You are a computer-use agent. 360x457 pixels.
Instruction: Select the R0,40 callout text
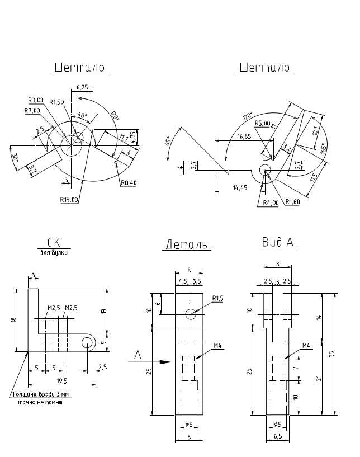pyautogui.click(x=129, y=183)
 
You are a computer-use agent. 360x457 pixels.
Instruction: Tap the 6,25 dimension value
pyautogui.click(x=81, y=88)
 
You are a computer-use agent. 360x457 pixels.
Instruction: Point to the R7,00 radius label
pyautogui.click(x=32, y=110)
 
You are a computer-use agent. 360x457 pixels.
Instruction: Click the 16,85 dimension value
pyautogui.click(x=244, y=136)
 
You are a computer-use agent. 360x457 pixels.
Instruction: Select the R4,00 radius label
pyautogui.click(x=271, y=203)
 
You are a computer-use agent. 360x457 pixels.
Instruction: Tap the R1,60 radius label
pyautogui.click(x=293, y=202)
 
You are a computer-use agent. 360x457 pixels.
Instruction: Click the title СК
pyautogui.click(x=54, y=242)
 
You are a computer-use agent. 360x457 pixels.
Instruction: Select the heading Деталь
pyautogui.click(x=186, y=244)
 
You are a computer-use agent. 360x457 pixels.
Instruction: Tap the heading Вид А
pyautogui.click(x=278, y=242)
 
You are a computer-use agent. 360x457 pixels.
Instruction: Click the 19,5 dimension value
pyautogui.click(x=62, y=381)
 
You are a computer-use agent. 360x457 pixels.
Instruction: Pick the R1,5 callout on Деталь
pyautogui.click(x=217, y=299)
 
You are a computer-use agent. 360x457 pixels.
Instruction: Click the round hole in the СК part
pyautogui.click(x=87, y=342)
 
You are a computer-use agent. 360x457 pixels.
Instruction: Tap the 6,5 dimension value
pyautogui.click(x=278, y=436)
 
